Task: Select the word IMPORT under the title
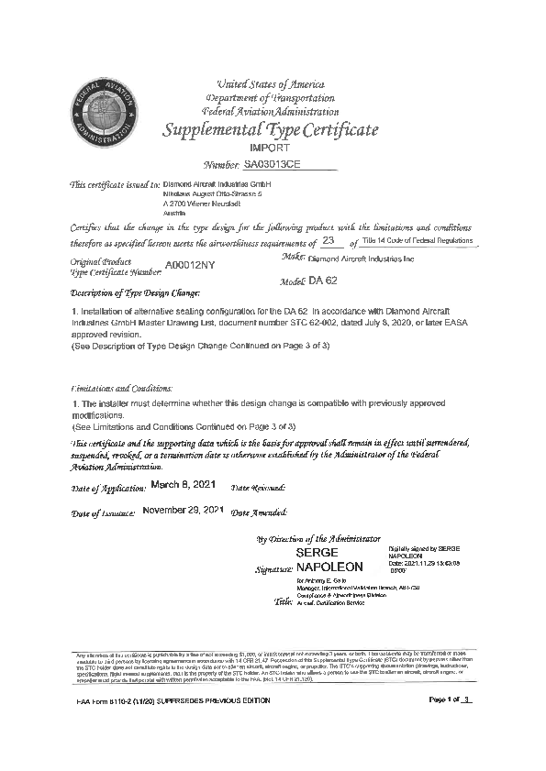click(270, 148)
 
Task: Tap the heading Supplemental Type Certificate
click(270, 130)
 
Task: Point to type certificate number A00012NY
click(190, 266)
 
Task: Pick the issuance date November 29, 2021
click(184, 509)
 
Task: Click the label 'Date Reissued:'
click(258, 487)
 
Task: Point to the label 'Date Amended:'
click(259, 512)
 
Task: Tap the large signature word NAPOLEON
click(329, 567)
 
